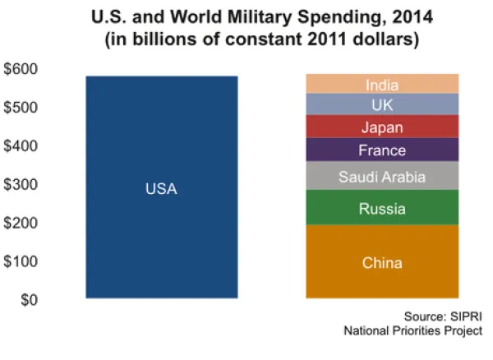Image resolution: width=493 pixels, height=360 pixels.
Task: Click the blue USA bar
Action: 161,187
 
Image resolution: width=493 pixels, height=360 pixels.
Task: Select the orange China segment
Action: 382,261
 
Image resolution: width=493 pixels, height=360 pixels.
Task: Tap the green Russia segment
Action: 382,208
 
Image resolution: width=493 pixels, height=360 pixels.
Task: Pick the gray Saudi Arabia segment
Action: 382,176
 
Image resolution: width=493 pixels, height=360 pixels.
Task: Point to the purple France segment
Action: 382,150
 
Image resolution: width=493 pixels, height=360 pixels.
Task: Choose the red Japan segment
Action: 382,127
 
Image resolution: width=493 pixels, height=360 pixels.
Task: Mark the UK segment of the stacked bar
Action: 382,104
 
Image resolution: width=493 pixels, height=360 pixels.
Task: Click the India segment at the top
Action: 382,84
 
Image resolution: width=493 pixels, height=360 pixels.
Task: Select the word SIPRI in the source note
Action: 463,316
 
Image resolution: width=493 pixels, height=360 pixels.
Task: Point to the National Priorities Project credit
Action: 413,331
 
